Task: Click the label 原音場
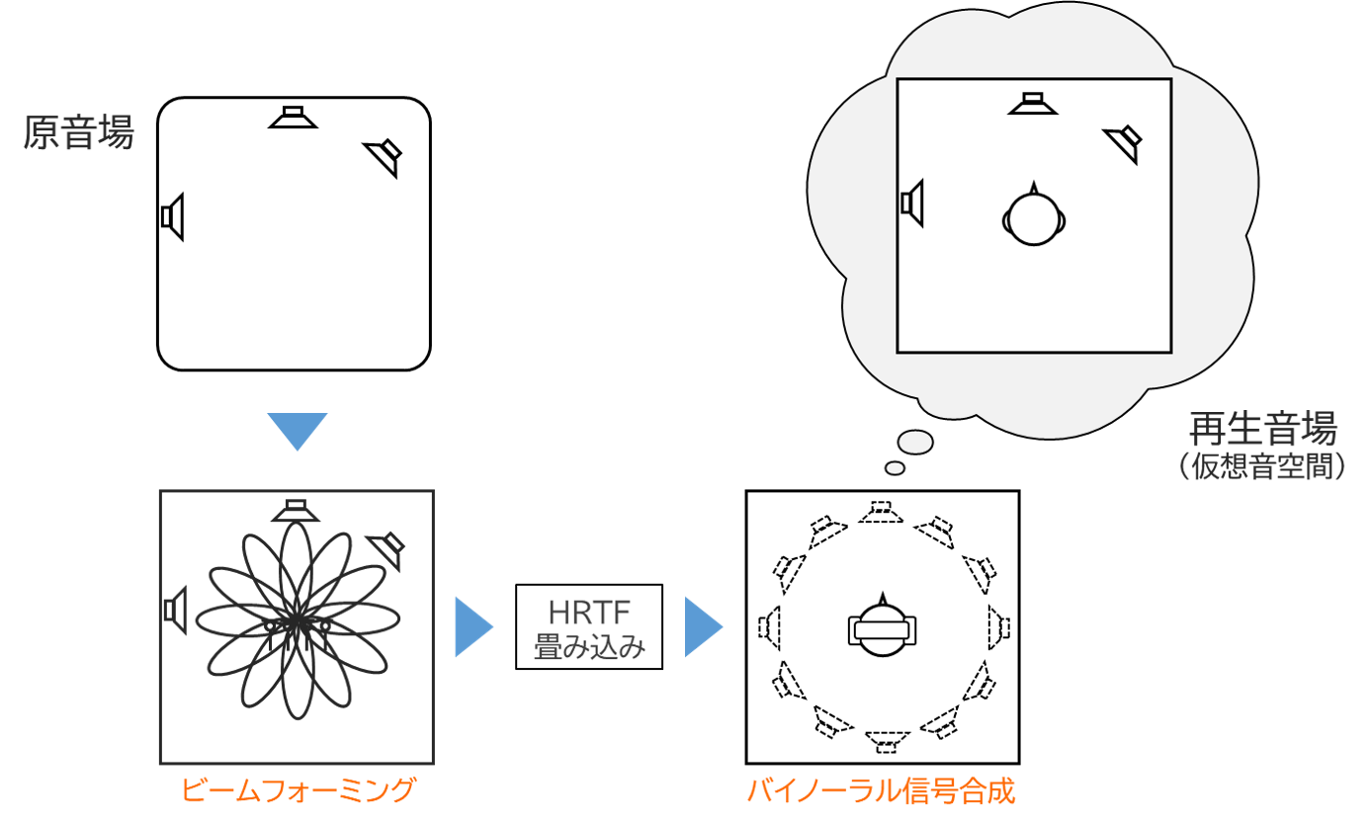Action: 78,132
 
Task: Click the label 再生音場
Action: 1263,428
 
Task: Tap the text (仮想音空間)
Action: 1261,466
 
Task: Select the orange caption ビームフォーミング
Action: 298,790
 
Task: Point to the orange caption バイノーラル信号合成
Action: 882,790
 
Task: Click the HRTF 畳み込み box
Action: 589,626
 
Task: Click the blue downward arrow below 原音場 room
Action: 298,431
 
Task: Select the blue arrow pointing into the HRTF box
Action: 474,627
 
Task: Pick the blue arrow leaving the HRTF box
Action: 704,627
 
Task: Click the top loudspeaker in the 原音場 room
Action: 293,117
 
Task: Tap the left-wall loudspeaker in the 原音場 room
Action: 172,217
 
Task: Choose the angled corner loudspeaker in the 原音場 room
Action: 385,157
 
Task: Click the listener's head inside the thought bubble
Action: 1034,218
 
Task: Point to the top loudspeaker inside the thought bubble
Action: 1033,104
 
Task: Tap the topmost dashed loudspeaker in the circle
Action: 882,513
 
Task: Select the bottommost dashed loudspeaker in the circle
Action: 887,742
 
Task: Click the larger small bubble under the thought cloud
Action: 915,442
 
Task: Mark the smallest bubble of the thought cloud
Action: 895,468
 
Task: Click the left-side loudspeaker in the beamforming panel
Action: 176,611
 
